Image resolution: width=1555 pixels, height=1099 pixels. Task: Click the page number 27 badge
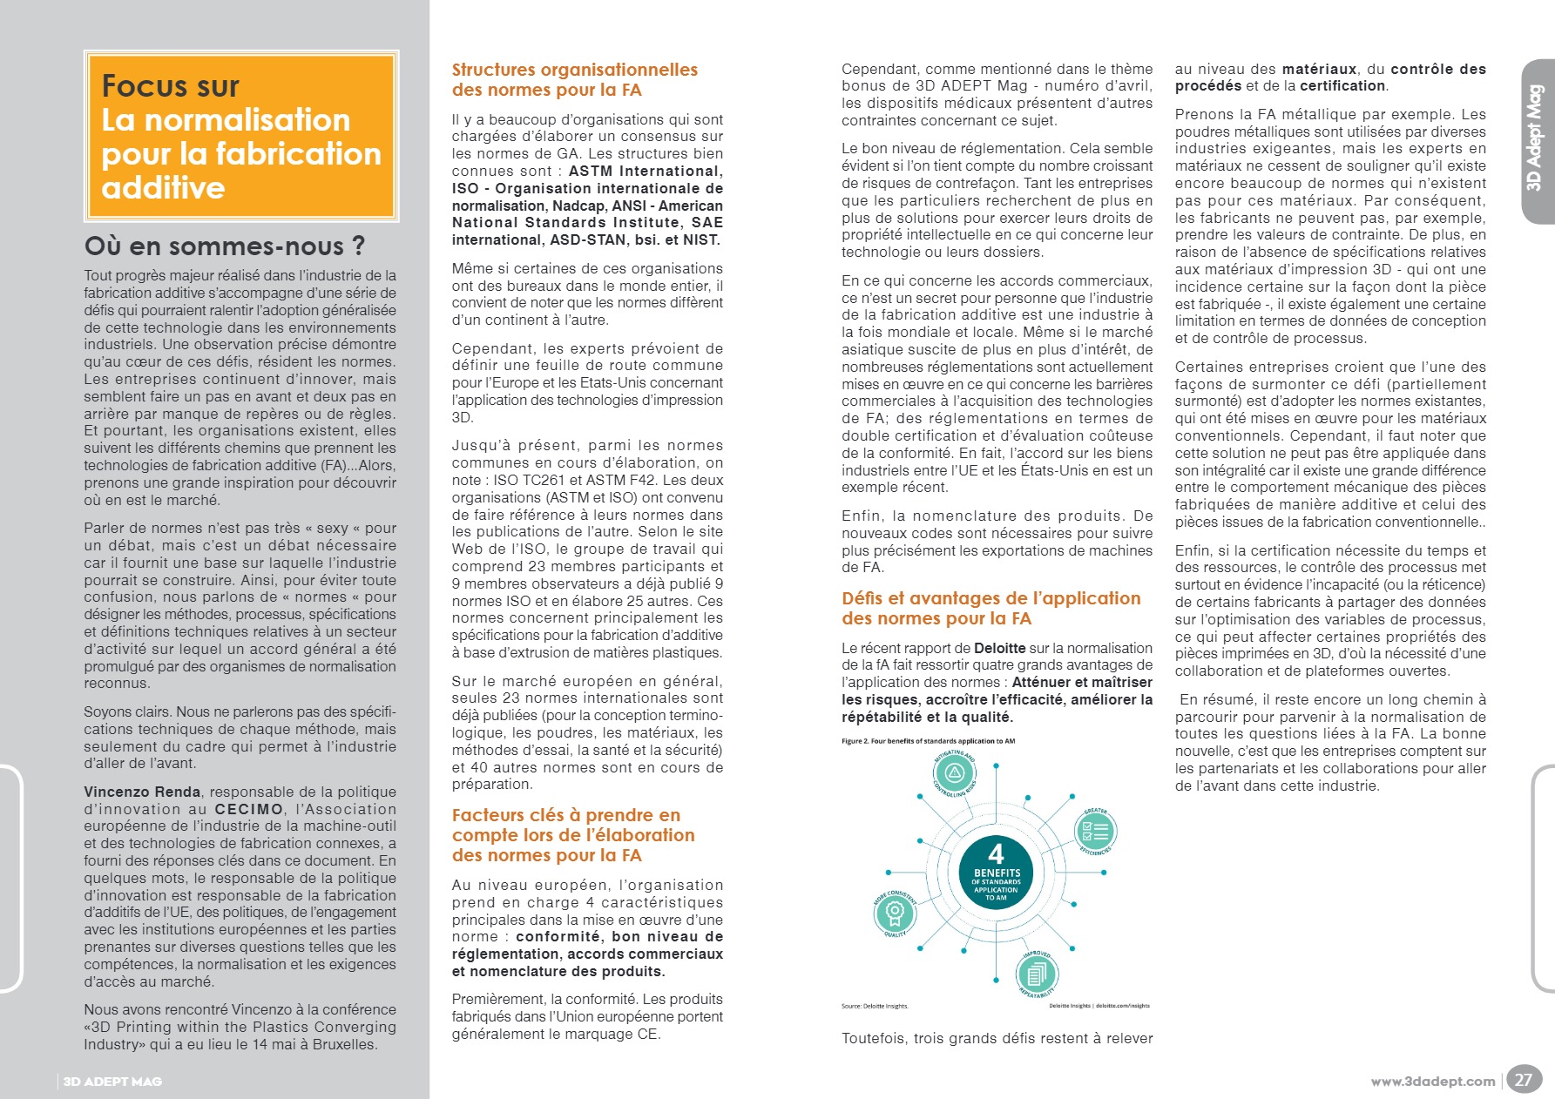point(1523,1080)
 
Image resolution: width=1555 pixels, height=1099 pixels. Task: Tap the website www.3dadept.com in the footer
point(1432,1082)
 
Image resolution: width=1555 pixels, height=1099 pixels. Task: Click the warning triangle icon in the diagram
point(954,772)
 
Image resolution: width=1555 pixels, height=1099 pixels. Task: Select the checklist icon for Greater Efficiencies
point(1094,832)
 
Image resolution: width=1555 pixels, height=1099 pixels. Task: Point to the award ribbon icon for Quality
point(894,913)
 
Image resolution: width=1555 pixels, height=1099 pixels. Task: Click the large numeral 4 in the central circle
point(997,853)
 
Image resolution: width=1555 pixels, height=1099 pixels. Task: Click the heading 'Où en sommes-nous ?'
point(225,246)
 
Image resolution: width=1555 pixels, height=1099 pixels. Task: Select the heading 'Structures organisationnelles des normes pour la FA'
point(574,79)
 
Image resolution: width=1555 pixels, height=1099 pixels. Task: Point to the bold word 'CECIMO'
point(249,809)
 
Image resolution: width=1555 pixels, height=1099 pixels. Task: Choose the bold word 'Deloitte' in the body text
point(999,648)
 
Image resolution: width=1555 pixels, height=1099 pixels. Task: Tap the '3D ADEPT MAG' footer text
point(112,1082)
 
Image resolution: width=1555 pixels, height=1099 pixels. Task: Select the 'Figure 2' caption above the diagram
point(927,741)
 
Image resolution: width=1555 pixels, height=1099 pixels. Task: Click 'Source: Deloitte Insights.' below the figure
point(874,1006)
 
